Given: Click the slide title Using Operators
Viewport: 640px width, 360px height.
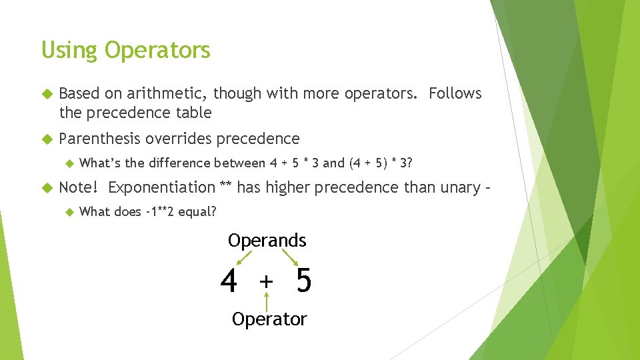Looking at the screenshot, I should coord(125,50).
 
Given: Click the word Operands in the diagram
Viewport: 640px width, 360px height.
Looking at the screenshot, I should coord(267,240).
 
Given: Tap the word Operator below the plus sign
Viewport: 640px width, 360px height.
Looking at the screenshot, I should coord(269,319).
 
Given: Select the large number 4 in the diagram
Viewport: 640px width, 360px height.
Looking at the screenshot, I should coord(229,281).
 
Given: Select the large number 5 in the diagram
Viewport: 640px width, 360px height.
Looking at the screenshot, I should coord(303,281).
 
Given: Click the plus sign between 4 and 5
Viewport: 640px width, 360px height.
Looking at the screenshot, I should coord(267,282).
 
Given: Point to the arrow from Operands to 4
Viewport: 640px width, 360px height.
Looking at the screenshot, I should coord(244,258).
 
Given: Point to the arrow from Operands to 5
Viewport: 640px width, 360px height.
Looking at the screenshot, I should coord(290,258).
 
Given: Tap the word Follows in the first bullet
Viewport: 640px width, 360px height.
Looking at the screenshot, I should coord(455,94).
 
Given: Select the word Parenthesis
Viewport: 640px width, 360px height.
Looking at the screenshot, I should coord(99,139).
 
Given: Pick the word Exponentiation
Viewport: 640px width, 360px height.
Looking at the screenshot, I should coord(161,187).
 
